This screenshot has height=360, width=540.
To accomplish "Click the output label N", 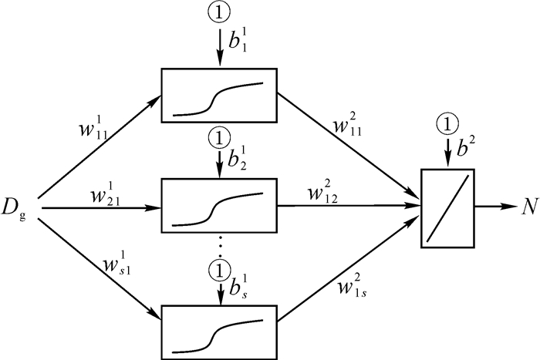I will click(x=527, y=207).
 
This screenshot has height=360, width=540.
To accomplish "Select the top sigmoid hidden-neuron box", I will click(x=218, y=96).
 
